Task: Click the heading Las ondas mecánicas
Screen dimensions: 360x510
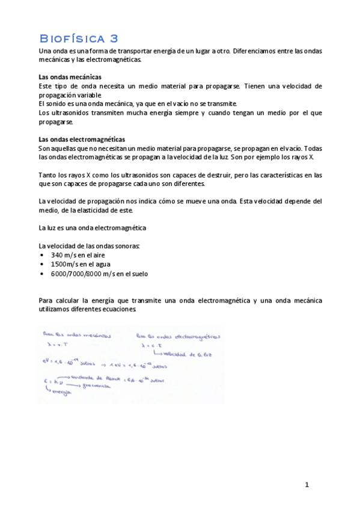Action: click(69, 77)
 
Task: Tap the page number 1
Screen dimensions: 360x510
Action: click(307, 484)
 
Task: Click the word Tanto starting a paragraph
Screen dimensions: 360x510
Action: click(47, 174)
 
